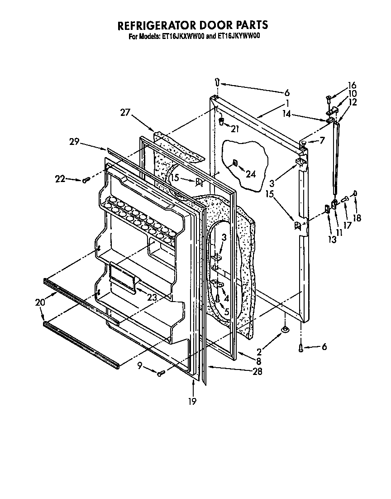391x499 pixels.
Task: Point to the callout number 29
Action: [x=75, y=142]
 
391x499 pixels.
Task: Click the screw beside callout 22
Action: [x=85, y=180]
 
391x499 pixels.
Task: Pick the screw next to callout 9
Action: [x=160, y=373]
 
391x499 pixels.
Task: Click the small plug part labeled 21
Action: [x=222, y=121]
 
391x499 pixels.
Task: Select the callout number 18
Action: [x=357, y=217]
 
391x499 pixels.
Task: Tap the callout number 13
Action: [x=333, y=240]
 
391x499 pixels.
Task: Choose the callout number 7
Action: [x=322, y=140]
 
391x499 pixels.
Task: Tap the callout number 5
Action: [x=226, y=312]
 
